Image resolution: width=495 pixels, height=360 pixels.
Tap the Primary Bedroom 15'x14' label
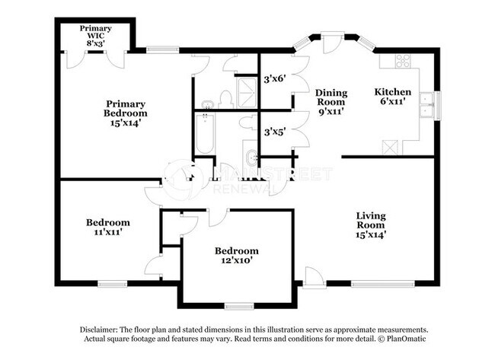(x=126, y=113)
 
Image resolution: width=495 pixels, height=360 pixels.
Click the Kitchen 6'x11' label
(x=393, y=96)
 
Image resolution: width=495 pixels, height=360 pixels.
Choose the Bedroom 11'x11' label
(x=107, y=227)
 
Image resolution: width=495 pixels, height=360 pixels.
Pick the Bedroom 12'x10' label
(x=236, y=255)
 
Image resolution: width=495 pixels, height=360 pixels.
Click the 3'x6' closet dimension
(x=274, y=78)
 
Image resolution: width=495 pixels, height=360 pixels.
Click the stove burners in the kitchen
(x=401, y=61)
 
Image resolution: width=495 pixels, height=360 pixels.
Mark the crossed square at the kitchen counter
(x=392, y=146)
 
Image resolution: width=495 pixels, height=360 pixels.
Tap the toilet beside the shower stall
(x=225, y=98)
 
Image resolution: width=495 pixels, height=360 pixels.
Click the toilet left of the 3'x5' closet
(x=247, y=123)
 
